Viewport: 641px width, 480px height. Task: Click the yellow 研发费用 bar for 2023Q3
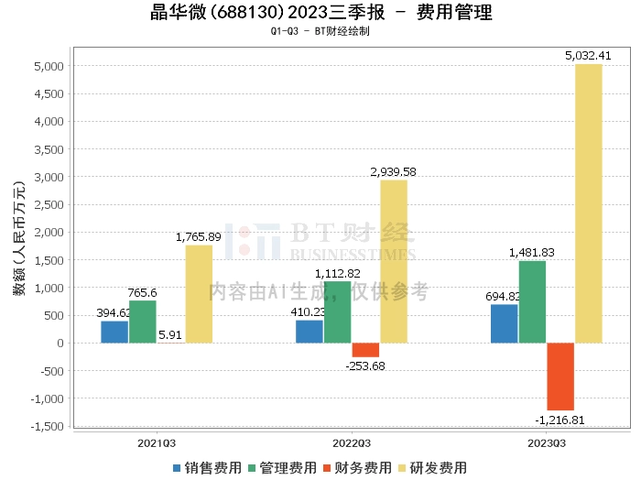tap(589, 203)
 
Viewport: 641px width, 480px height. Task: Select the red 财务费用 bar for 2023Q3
tap(560, 376)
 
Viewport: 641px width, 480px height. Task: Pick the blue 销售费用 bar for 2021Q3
tap(114, 332)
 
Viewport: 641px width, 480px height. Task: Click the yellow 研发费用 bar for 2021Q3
tap(199, 294)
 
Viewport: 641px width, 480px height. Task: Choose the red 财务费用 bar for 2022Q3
tap(365, 350)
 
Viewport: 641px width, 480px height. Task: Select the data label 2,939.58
tap(394, 171)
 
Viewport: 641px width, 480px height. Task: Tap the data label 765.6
tap(143, 292)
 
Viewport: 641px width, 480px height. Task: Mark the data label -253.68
tap(365, 366)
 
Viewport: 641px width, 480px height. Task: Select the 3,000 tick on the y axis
tap(48, 177)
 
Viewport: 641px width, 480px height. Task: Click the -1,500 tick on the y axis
tap(46, 427)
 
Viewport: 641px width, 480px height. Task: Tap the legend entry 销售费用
tap(207, 467)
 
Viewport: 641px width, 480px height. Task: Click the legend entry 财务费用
tap(357, 467)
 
